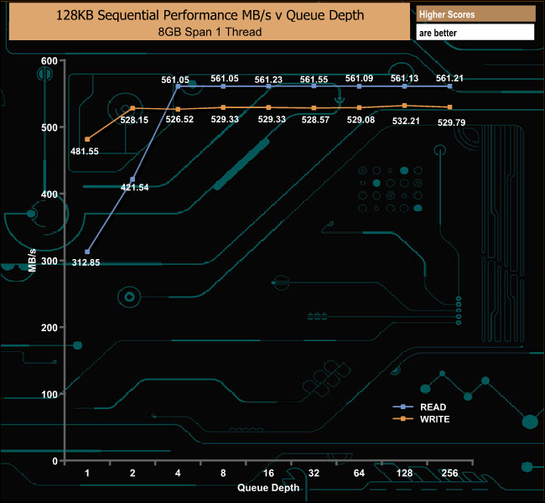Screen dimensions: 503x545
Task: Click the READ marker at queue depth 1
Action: click(87, 251)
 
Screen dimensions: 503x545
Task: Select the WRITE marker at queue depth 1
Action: click(87, 139)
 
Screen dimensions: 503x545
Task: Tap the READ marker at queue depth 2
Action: click(132, 179)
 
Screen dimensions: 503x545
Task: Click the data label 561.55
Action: click(314, 78)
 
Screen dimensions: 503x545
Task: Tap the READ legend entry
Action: click(424, 407)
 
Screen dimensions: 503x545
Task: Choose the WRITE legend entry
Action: click(426, 418)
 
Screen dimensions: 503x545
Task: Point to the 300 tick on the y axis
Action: click(49, 261)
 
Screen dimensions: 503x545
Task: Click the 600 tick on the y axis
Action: click(49, 60)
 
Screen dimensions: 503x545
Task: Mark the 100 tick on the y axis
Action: click(49, 394)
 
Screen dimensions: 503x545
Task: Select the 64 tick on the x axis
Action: click(359, 474)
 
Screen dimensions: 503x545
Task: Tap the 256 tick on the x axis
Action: click(450, 474)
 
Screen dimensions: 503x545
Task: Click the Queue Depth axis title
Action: click(268, 487)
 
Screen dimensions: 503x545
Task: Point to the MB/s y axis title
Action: click(32, 261)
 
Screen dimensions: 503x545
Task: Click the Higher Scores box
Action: click(475, 15)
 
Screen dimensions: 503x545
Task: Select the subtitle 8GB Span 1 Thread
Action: click(209, 32)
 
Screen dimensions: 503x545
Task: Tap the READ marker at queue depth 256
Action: click(450, 86)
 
